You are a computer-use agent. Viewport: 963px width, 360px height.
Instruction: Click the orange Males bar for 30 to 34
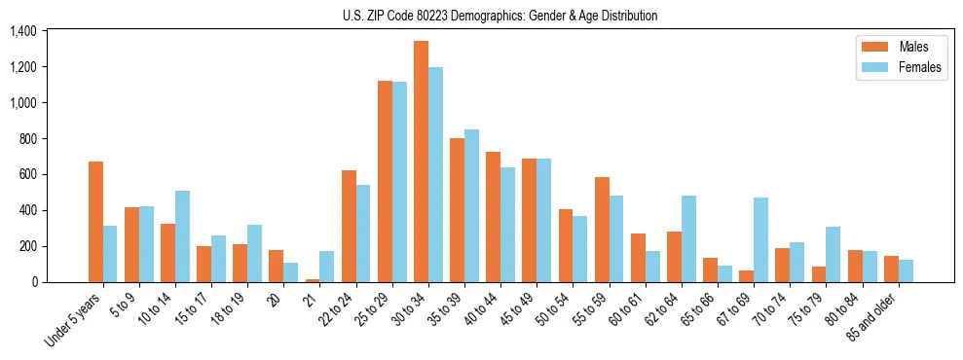(421, 162)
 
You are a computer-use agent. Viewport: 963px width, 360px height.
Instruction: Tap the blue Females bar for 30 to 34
(435, 175)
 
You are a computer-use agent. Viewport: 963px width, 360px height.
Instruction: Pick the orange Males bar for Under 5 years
(95, 222)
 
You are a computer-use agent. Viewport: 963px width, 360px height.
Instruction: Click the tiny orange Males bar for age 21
(313, 280)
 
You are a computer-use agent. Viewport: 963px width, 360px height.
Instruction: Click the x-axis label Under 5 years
(73, 322)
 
